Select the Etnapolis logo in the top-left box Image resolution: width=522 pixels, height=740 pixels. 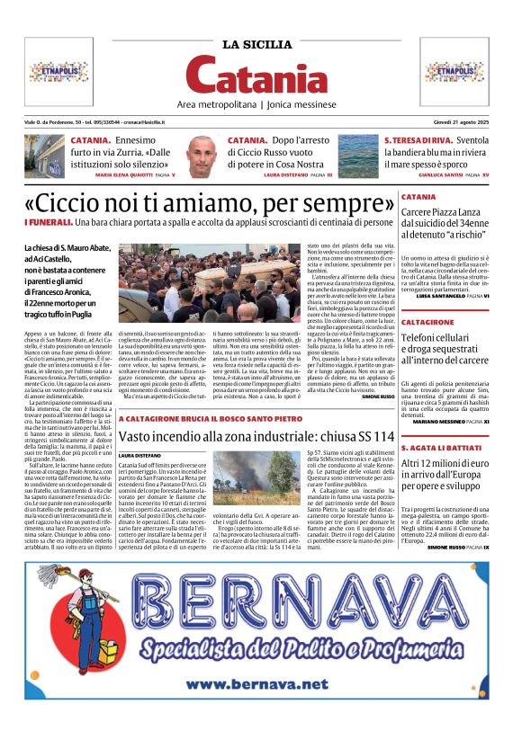coord(58,71)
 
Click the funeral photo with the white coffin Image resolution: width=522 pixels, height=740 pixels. coord(197,282)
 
